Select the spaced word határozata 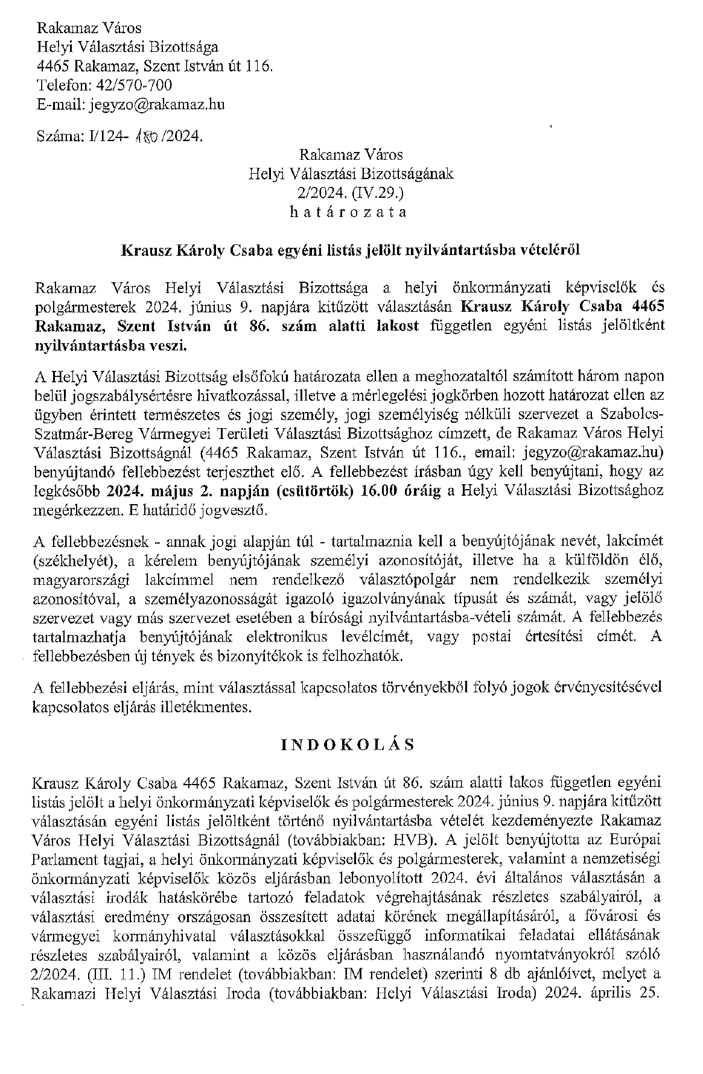[x=348, y=212]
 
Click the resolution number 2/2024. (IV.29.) [x=348, y=193]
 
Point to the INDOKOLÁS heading [x=348, y=745]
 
